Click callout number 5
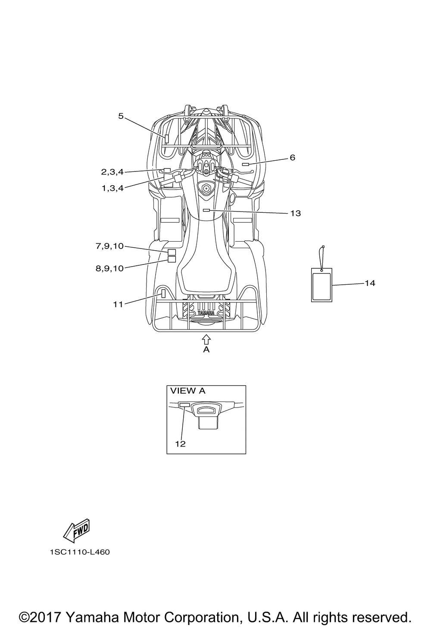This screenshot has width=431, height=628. (x=121, y=116)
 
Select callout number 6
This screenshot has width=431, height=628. (x=292, y=158)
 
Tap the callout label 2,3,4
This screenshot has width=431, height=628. (x=112, y=172)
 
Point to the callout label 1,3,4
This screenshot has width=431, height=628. (x=112, y=188)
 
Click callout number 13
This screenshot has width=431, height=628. (x=296, y=213)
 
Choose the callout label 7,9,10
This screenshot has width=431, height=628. (x=110, y=246)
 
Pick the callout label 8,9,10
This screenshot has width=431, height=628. (x=110, y=269)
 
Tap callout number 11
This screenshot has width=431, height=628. (x=118, y=304)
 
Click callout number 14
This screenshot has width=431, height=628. (x=370, y=283)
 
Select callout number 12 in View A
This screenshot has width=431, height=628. (x=181, y=444)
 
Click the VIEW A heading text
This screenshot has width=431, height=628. (x=188, y=391)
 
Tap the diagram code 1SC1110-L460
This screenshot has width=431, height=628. (x=80, y=552)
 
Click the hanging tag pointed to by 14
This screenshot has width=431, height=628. (x=322, y=285)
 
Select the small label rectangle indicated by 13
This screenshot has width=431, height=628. (x=207, y=210)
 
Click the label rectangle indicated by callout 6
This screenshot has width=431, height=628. (x=246, y=164)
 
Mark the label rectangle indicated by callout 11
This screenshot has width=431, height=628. (x=163, y=294)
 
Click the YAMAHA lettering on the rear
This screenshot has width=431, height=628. (x=206, y=313)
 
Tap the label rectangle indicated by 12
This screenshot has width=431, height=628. (x=184, y=405)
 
